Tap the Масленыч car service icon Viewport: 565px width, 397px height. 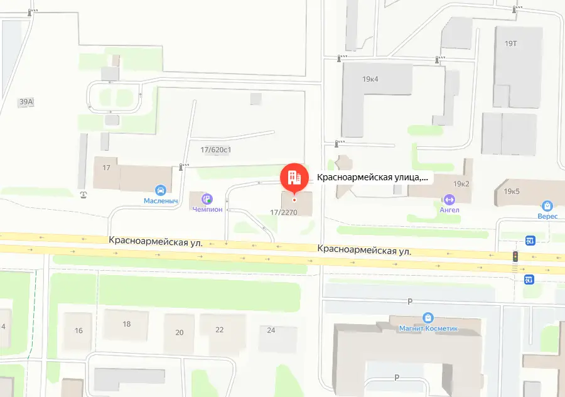160,189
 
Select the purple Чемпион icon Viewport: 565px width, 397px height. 207,198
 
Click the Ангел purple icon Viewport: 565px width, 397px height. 449,199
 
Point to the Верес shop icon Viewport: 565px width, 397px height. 547,205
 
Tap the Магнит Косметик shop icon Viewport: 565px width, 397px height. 429,317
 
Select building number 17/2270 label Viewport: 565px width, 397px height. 282,212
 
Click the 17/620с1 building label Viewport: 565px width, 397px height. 216,150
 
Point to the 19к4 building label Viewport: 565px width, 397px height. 370,80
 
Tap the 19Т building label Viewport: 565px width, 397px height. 510,43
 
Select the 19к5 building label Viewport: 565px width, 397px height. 512,191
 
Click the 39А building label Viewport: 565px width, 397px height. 26,101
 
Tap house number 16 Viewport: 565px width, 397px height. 78,330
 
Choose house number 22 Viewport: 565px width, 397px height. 219,330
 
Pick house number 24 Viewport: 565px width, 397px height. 271,330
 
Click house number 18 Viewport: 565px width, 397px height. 127,324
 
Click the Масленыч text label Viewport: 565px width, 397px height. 160,201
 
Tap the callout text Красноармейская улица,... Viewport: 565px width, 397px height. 372,178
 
